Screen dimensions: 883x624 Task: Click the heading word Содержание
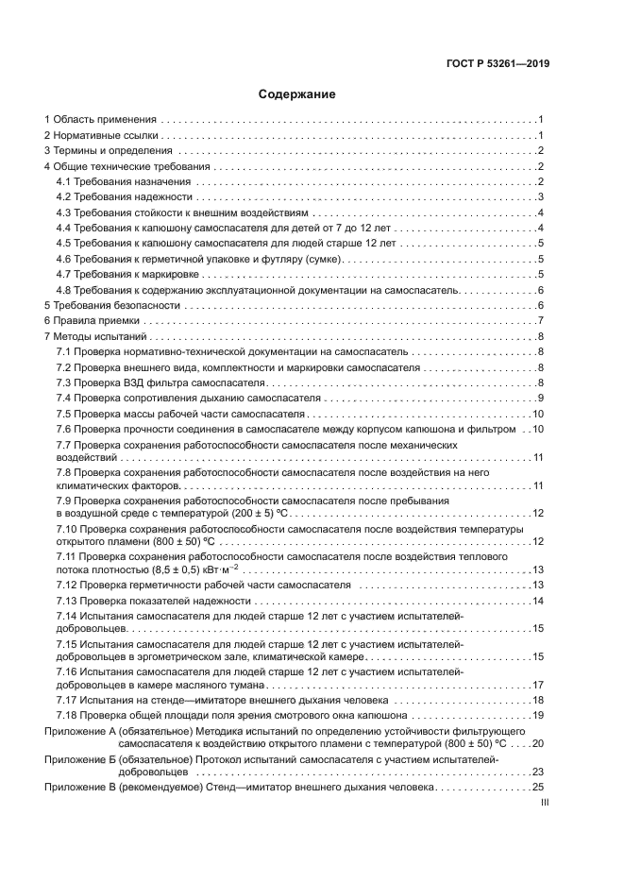point(296,95)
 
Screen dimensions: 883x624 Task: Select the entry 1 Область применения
point(100,121)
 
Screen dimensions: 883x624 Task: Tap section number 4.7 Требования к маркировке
point(65,275)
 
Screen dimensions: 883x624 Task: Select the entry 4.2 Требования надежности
point(124,197)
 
